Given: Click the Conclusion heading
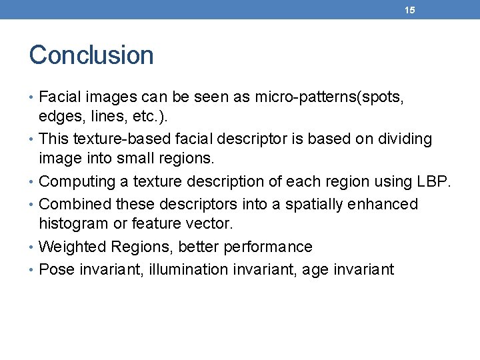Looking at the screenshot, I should [91, 55].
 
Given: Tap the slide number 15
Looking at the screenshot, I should [410, 10].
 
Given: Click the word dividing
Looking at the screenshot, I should [401, 139].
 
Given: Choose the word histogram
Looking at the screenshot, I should [71, 224].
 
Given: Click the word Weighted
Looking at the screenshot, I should [73, 247].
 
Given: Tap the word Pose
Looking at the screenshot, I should [55, 269].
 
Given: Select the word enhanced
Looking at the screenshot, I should [382, 204].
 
